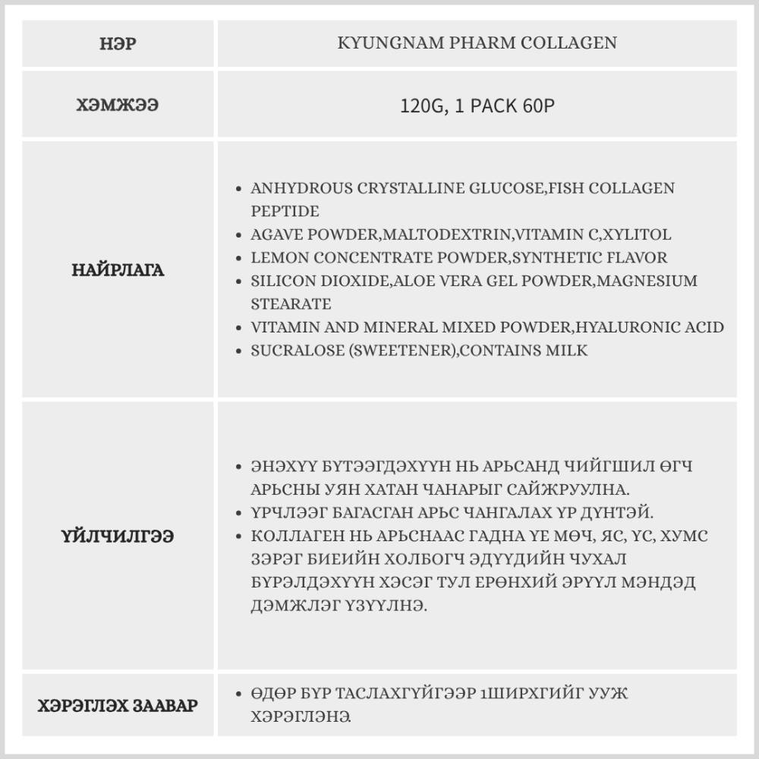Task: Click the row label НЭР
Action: [118, 43]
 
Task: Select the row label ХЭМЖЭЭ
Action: [118, 105]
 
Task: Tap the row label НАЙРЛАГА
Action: [118, 269]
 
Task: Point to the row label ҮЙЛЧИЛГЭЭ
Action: [118, 536]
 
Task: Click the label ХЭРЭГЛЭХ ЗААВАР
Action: [118, 705]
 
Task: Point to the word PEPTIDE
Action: [285, 211]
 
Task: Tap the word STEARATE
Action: [291, 304]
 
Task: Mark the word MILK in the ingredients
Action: [569, 351]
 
